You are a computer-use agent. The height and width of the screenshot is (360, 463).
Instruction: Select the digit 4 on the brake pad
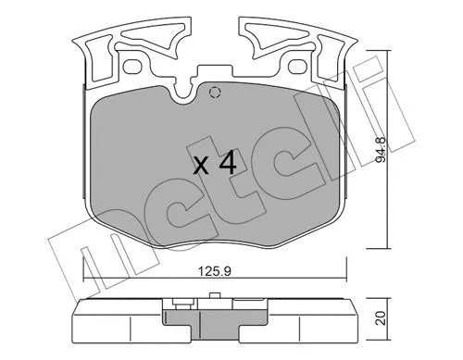227,166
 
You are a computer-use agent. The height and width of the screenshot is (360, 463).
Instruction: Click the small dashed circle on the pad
215,92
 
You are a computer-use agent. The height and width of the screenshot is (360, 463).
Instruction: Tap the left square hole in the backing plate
133,68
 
